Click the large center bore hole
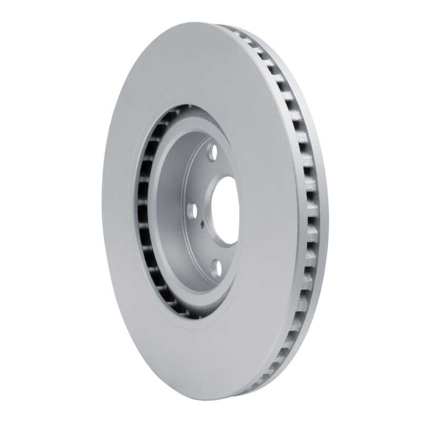[x=227, y=209]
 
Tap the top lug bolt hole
[x=212, y=155]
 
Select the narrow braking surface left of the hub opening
[x=118, y=210]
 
